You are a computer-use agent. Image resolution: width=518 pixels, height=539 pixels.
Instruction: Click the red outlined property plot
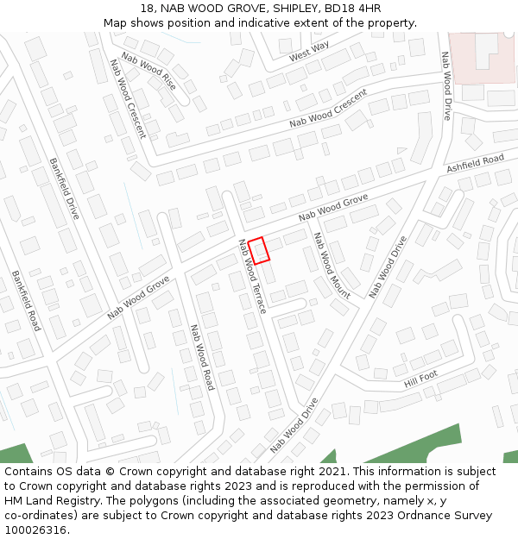pyautogui.click(x=261, y=250)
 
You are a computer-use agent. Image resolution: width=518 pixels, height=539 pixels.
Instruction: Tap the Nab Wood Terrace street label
pyautogui.click(x=252, y=275)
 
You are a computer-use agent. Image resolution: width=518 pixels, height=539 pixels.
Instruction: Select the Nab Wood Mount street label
pyautogui.click(x=331, y=266)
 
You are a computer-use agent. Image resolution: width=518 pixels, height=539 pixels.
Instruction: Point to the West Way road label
pyautogui.click(x=309, y=52)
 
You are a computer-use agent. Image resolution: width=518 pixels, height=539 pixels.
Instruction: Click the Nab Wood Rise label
pyautogui.click(x=148, y=71)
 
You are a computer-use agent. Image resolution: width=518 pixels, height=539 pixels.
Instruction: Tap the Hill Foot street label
pyautogui.click(x=420, y=378)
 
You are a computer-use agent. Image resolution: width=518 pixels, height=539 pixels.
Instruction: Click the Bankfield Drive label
pyautogui.click(x=64, y=188)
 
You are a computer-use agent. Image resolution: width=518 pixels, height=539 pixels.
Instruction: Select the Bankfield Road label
pyautogui.click(x=26, y=300)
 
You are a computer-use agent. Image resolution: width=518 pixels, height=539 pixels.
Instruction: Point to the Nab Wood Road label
pyautogui.click(x=201, y=357)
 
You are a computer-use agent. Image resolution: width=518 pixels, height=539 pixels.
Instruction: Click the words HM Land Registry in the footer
pyautogui.click(x=53, y=500)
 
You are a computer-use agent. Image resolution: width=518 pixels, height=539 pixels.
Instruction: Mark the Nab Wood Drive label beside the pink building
pyautogui.click(x=446, y=85)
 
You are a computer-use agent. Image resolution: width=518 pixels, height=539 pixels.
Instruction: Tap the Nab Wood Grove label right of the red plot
pyautogui.click(x=333, y=209)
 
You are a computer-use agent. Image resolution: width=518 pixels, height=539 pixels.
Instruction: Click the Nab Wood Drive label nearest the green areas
pyautogui.click(x=294, y=425)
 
